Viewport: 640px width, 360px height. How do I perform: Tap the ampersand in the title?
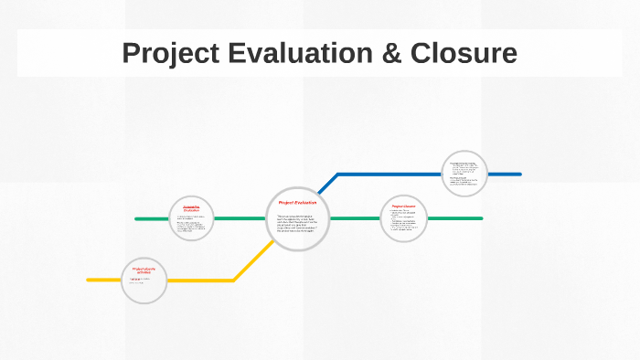point(389,53)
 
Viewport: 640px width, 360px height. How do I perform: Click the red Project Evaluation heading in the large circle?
point(297,202)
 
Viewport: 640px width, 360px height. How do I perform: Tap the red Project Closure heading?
point(404,206)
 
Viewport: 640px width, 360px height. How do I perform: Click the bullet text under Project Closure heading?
point(404,222)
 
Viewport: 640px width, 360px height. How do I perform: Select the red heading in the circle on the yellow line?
point(144,270)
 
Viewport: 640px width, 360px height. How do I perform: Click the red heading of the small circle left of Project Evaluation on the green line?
point(191,208)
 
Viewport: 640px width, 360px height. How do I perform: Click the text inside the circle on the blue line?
point(464,174)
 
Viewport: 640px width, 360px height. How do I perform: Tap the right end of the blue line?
point(519,174)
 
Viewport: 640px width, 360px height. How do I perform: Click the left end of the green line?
point(137,219)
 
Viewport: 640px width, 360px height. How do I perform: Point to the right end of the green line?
point(480,218)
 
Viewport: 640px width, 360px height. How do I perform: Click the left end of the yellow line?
point(89,280)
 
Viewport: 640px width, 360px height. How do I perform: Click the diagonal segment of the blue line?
point(328,183)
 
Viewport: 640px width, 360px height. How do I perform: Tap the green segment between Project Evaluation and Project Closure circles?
point(355,218)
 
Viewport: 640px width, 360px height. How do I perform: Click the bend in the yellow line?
point(234,280)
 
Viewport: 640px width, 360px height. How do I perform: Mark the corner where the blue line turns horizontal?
point(338,174)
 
